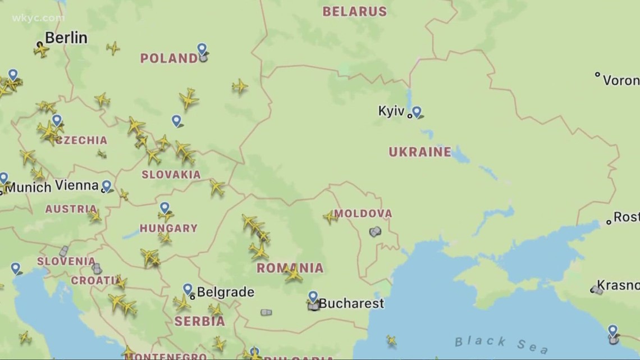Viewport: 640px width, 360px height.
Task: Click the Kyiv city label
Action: point(391,111)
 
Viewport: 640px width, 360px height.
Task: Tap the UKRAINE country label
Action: point(420,152)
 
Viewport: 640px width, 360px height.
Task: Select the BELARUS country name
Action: point(354,11)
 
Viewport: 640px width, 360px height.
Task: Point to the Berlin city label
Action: point(66,38)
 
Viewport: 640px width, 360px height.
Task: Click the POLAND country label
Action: point(168,58)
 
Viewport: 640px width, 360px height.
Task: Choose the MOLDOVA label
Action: point(363,213)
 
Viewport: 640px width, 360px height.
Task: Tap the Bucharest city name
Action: point(351,304)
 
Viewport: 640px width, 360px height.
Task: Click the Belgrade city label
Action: point(225,293)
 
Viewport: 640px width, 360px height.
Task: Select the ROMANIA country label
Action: point(290,268)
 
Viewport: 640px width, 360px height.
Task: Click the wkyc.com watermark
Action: point(38,18)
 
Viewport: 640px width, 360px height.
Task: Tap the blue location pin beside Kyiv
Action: point(416,112)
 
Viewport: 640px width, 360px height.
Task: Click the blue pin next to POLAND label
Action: point(202,49)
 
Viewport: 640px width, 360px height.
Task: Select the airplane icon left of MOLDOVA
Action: point(330,216)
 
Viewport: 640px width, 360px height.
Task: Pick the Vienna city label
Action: point(77,185)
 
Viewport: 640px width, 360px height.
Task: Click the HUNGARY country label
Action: point(168,229)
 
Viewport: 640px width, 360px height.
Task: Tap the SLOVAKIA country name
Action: point(171,175)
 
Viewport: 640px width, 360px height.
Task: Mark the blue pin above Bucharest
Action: point(313,296)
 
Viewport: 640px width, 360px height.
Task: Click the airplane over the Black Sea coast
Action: point(391,340)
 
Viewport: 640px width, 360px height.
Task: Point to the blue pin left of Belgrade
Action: point(188,289)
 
